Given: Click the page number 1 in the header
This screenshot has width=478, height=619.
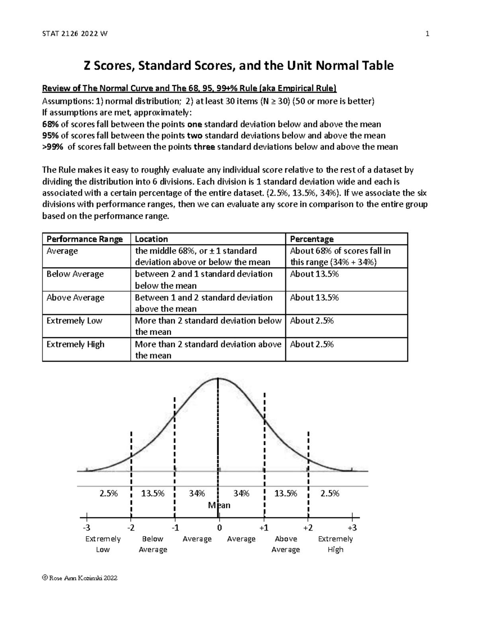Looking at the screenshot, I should [427, 34].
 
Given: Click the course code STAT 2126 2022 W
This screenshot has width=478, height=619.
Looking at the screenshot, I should [74, 34].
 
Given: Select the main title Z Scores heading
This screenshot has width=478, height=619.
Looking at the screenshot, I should [238, 65].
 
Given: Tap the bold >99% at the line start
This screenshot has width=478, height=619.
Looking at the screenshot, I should [53, 147].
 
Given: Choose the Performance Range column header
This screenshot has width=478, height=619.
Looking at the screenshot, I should [84, 239].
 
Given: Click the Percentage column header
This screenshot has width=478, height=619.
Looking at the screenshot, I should [311, 239].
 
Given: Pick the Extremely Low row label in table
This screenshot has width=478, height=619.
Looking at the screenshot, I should [74, 321].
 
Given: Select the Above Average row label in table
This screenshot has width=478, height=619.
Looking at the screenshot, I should [75, 298].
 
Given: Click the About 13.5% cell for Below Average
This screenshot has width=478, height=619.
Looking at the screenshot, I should [314, 274].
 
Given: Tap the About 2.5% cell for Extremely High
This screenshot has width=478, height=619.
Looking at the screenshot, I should [312, 344].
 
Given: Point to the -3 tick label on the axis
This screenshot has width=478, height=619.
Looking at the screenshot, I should [86, 528].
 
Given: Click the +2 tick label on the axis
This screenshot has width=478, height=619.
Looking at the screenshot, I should [308, 528].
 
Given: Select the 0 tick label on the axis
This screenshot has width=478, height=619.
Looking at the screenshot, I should [219, 528].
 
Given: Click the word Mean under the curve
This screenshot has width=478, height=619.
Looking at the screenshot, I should [219, 505].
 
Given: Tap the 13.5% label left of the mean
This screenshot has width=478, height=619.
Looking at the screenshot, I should [153, 493].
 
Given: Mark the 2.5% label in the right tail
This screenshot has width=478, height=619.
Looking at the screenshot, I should [330, 493].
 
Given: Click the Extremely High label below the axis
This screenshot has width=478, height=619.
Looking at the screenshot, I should [335, 544].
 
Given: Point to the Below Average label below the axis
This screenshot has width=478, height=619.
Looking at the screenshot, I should [153, 544].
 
